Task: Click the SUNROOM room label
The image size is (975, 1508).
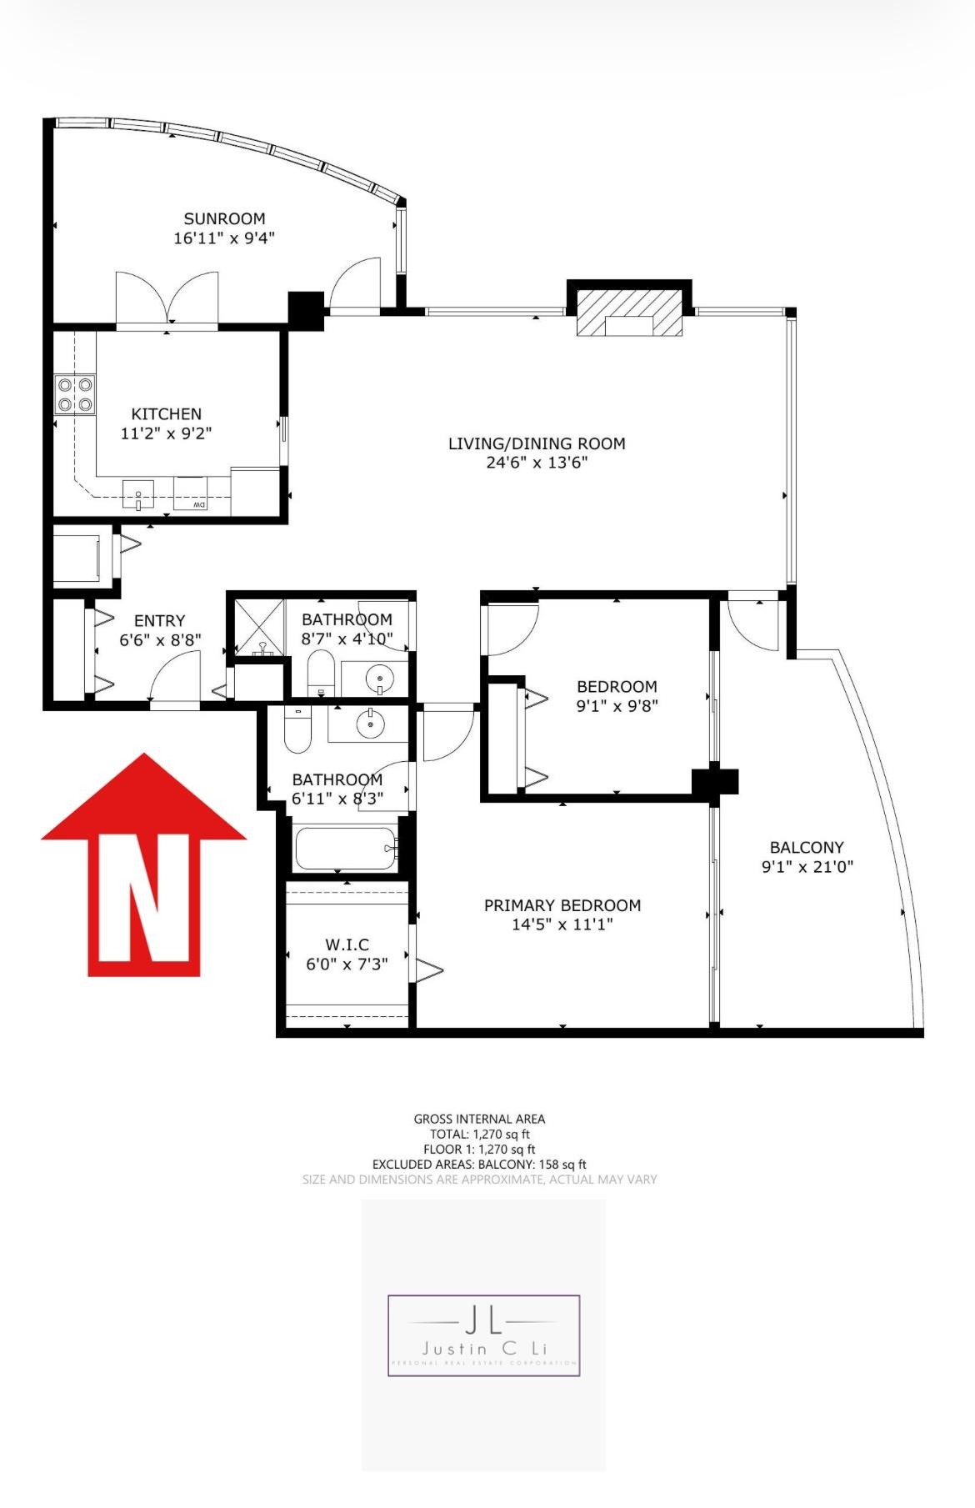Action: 224,219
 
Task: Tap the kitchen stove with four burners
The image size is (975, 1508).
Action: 75,394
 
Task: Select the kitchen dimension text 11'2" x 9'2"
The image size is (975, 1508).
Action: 166,433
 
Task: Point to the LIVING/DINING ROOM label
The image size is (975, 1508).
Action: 537,443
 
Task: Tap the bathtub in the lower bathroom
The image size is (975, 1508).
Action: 345,848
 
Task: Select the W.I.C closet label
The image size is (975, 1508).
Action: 347,944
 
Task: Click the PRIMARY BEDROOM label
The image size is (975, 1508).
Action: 562,905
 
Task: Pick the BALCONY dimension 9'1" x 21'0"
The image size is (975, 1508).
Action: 807,866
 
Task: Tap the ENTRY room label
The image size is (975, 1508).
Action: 159,620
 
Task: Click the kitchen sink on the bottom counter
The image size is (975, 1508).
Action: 138,494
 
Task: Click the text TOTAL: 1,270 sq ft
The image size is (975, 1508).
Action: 480,1134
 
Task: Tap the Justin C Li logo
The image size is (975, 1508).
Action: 483,1335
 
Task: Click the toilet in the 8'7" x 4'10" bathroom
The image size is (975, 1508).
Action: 321,672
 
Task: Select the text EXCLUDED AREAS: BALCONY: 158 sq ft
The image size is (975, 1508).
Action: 479,1164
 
